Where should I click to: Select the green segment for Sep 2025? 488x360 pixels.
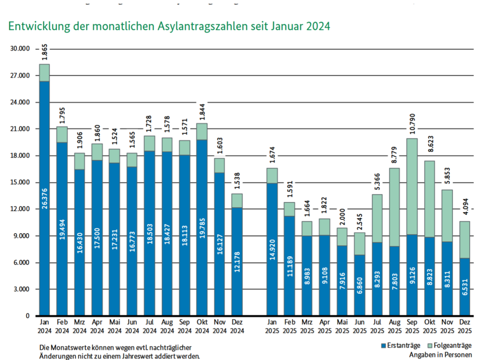click(412, 186)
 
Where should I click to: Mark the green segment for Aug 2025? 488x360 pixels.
click(395, 207)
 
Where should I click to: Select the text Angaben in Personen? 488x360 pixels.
click(440, 355)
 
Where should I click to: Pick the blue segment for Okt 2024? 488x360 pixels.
click(202, 248)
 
